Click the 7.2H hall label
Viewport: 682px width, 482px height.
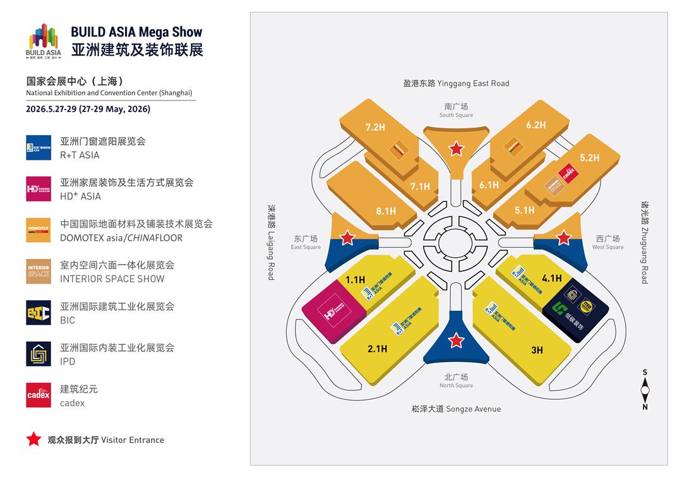tap(374, 127)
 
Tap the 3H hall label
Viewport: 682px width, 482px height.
tap(537, 349)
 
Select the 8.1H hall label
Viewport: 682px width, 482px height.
tap(386, 211)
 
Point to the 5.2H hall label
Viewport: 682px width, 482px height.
tap(589, 157)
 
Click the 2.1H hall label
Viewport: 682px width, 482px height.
tap(376, 348)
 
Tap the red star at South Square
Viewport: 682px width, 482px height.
tap(456, 149)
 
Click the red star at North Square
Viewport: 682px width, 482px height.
tap(456, 341)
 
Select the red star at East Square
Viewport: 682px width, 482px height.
tap(347, 238)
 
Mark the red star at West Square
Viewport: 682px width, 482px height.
tap(564, 238)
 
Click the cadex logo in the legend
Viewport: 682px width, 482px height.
tap(39, 395)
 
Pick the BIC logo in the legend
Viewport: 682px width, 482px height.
tap(39, 313)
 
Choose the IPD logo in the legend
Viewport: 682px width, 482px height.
tap(39, 354)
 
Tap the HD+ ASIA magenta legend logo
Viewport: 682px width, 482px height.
tap(39, 189)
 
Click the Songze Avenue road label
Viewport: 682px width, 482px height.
tap(456, 409)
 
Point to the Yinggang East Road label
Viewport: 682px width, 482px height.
tap(456, 83)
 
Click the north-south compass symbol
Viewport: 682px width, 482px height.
tap(645, 390)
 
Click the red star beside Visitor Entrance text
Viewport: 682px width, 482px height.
tap(33, 440)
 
